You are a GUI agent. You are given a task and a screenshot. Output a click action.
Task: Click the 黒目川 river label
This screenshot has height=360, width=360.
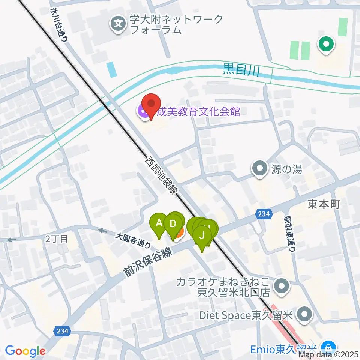coord(241,70)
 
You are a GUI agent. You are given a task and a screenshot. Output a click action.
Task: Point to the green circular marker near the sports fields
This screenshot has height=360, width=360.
coord(326,44)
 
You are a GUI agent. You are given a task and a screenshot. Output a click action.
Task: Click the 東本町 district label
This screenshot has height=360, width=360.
coord(324,204)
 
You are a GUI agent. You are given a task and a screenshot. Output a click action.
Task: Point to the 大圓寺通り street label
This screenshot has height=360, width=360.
coord(133,241)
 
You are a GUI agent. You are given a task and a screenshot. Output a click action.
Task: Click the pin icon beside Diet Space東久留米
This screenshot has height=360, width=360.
coord(304,315)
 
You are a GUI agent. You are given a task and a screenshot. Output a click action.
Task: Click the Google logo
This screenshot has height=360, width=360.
coord(25,351)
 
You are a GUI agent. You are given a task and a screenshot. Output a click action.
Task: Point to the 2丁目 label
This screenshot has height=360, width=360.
coord(57,238)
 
